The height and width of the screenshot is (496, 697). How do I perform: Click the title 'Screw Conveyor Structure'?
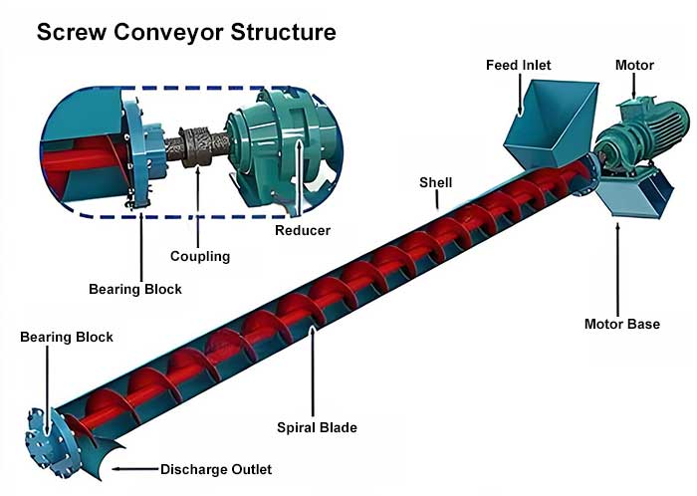click(x=186, y=33)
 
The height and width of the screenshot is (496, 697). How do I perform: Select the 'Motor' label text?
click(x=634, y=66)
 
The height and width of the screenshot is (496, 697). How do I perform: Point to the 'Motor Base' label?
click(x=621, y=324)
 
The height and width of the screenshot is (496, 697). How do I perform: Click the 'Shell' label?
click(x=436, y=182)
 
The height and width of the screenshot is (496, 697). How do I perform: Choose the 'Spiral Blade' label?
click(x=317, y=428)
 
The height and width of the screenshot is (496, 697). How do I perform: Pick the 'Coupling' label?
click(x=199, y=256)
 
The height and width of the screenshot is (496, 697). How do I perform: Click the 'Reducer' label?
click(x=303, y=231)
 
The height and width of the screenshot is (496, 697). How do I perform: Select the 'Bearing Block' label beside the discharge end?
click(x=67, y=338)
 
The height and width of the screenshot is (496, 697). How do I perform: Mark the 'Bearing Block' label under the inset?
click(x=135, y=290)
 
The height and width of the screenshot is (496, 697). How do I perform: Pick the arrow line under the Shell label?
click(x=436, y=200)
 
